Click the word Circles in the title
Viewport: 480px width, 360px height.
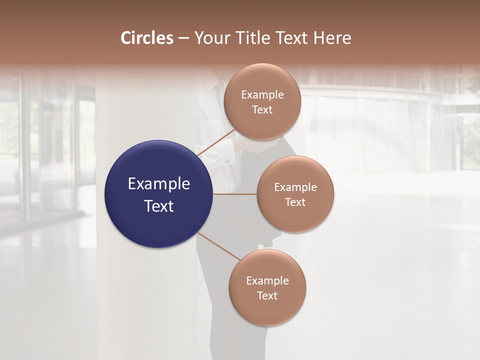point(147,38)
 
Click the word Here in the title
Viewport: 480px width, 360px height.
point(332,38)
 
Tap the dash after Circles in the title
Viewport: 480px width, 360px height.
point(183,38)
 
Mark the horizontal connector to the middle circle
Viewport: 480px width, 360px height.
point(234,193)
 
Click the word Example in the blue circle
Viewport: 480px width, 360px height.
point(159,184)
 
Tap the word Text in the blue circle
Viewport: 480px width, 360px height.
point(159,206)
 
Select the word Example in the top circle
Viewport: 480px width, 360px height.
point(262,95)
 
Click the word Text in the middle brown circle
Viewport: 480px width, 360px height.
point(295,202)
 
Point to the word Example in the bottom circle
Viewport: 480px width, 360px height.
point(267,281)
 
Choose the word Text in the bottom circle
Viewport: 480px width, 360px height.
point(267,295)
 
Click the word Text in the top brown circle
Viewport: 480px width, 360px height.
point(262,110)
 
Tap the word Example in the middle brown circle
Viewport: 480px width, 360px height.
point(295,187)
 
